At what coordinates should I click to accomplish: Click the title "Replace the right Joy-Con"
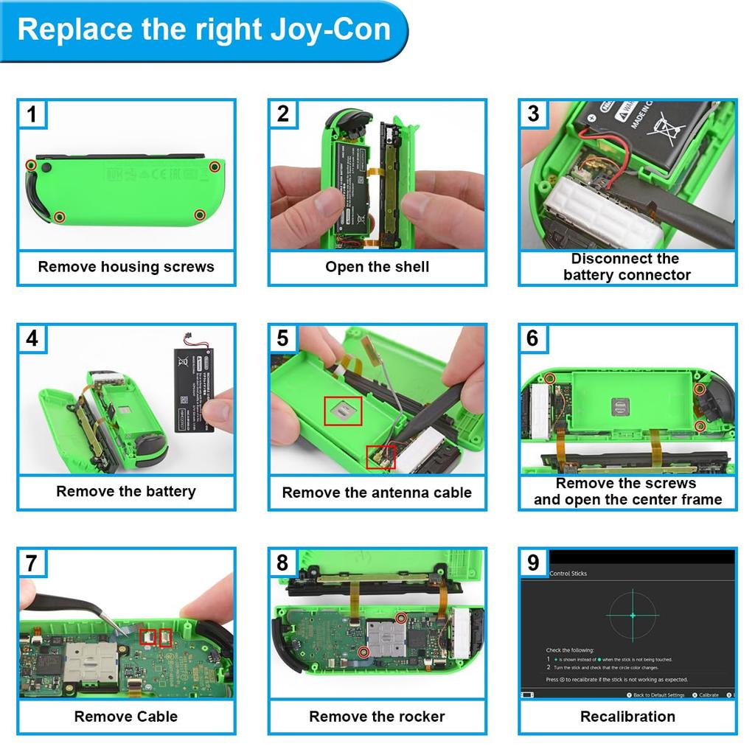(x=203, y=29)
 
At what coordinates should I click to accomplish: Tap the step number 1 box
(x=32, y=114)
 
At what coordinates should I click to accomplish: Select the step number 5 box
(x=282, y=338)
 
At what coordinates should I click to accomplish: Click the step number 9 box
(x=533, y=563)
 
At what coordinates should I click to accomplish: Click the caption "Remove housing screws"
(x=126, y=267)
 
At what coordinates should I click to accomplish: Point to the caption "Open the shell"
(x=377, y=267)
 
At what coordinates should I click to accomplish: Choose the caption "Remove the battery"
(x=126, y=492)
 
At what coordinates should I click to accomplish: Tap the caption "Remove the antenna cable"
(x=377, y=493)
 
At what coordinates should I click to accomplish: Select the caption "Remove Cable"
(x=126, y=716)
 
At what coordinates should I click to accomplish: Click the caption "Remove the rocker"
(x=377, y=716)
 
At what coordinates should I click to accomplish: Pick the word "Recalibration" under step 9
(x=627, y=716)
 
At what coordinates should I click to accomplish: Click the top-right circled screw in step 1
(x=215, y=167)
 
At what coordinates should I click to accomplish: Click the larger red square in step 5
(x=344, y=410)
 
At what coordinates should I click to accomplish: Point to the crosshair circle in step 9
(x=632, y=615)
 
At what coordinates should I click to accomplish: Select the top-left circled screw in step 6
(x=549, y=378)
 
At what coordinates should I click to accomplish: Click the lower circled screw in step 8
(x=363, y=653)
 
